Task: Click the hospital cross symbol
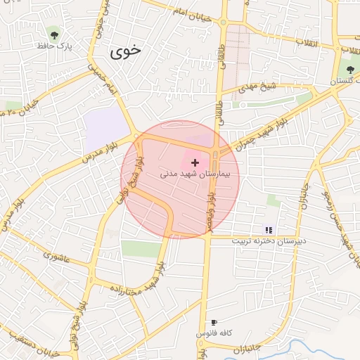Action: pos(195,162)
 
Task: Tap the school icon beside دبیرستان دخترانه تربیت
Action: pos(268,229)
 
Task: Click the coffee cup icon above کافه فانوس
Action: pos(214,322)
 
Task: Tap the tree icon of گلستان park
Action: pos(350,69)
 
